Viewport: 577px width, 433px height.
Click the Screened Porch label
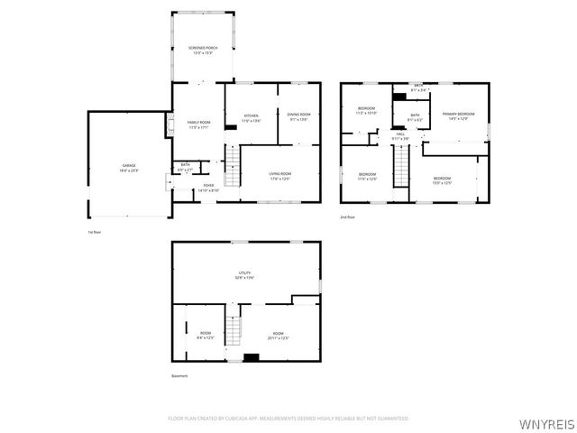[x=202, y=50]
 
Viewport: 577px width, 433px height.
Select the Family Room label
[x=198, y=124]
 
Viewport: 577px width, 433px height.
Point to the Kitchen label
[x=251, y=117]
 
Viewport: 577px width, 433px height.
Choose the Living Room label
[x=280, y=176]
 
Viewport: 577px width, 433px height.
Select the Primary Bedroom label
[x=458, y=115]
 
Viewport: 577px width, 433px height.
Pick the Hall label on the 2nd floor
[x=399, y=136]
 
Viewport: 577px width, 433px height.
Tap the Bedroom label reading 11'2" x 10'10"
[x=366, y=111]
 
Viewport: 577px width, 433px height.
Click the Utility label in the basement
[x=244, y=274]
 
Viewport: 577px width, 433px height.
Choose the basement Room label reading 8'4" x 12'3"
[x=205, y=336]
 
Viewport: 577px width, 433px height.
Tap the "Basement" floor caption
[x=179, y=375]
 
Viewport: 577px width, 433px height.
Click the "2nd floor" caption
[x=347, y=217]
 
